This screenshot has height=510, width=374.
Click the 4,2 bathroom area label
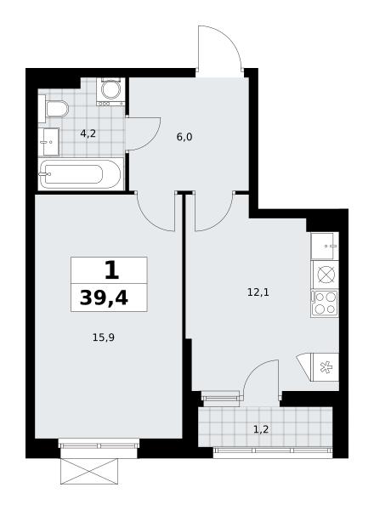pyautogui.click(x=88, y=133)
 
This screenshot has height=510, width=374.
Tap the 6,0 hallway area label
pyautogui.click(x=184, y=137)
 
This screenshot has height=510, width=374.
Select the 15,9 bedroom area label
pyautogui.click(x=104, y=337)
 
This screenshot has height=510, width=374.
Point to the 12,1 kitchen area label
pyautogui.click(x=258, y=292)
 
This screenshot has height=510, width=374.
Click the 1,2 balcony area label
pyautogui.click(x=261, y=429)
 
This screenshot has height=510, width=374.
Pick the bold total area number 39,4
pyautogui.click(x=104, y=297)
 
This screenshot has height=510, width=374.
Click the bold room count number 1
pyautogui.click(x=112, y=270)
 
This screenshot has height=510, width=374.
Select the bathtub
pyautogui.click(x=81, y=174)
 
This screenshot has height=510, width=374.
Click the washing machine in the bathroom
pyautogui.click(x=110, y=92)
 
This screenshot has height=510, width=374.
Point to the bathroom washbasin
pyautogui.click(x=48, y=142)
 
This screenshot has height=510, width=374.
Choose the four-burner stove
pyautogui.click(x=325, y=303)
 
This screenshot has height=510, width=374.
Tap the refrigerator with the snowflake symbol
pyautogui.click(x=325, y=367)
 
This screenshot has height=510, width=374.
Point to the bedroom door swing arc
pyautogui.click(x=150, y=220)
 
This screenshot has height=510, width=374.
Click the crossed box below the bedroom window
pyautogui.click(x=89, y=471)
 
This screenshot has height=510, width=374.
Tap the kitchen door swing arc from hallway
pyautogui.click(x=222, y=220)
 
